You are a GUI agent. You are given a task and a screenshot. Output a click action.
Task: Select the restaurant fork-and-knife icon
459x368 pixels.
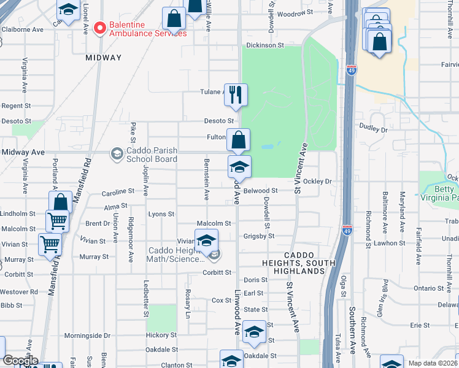point(236,95)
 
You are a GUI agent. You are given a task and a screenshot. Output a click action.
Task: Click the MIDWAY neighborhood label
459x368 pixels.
point(104,58)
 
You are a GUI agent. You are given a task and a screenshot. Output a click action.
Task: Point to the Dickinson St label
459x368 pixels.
point(265,45)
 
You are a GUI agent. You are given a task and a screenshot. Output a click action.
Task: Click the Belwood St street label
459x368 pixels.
point(261,191)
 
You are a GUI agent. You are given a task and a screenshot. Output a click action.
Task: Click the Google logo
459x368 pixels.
point(20,361)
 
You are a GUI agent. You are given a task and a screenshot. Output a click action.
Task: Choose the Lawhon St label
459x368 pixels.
point(387,243)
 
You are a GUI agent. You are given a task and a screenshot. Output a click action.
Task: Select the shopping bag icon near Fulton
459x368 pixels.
point(238,140)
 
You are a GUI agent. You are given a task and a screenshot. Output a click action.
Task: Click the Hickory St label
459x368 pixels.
point(161,335)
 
